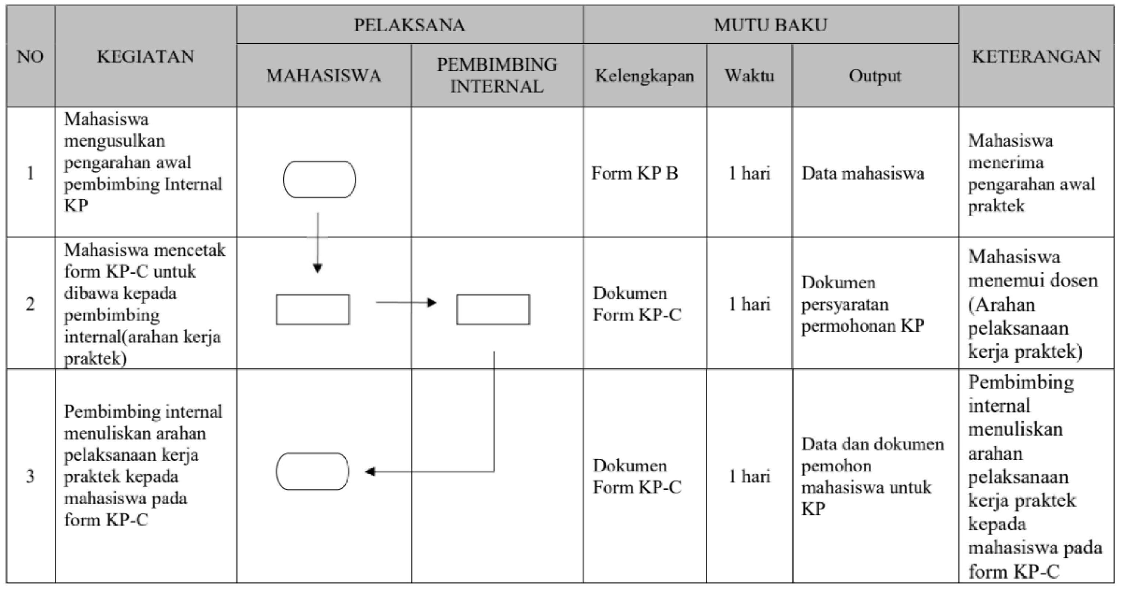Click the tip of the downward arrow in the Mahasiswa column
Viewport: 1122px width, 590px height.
[317, 273]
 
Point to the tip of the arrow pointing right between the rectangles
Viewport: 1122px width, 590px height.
[436, 302]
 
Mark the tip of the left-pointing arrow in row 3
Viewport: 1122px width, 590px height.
[365, 471]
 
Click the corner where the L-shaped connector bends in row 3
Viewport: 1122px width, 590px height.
[494, 471]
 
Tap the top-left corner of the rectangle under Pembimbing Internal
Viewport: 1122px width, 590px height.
[457, 295]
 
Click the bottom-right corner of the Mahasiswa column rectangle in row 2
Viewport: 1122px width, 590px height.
[349, 324]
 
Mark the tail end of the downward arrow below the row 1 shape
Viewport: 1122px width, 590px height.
[317, 213]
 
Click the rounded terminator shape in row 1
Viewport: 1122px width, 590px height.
[320, 179]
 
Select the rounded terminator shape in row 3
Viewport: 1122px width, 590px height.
[313, 471]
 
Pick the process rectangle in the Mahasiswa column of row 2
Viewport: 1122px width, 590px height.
[313, 310]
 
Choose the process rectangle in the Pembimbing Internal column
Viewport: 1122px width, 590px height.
[493, 310]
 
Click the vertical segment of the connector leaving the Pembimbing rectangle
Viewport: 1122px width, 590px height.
[494, 412]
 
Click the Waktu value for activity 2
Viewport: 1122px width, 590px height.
[750, 304]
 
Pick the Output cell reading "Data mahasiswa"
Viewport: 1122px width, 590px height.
[863, 173]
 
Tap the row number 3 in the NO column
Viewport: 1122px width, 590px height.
[30, 476]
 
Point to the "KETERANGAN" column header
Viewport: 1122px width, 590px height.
[1036, 57]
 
